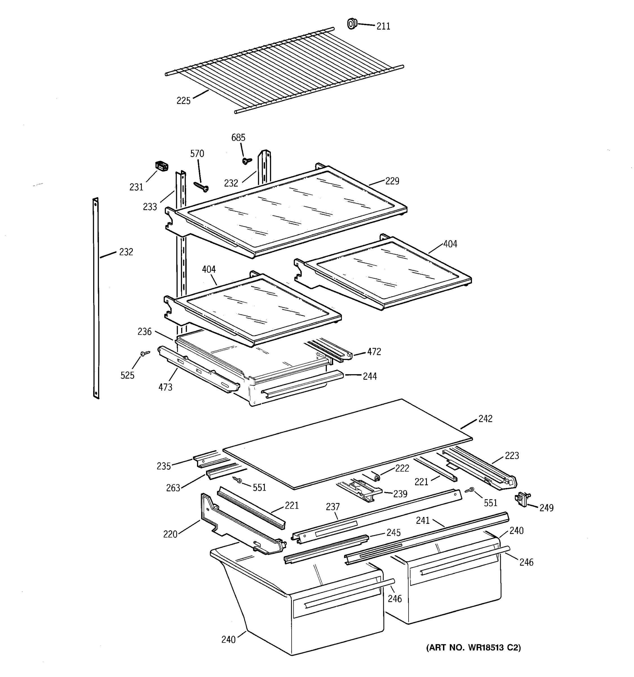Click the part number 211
[x=383, y=27]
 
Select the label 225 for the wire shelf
[x=183, y=101]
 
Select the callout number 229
[x=392, y=181]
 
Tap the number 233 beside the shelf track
[x=150, y=207]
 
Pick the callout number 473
[x=165, y=387]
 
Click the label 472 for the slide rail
[x=374, y=352]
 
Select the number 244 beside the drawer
[x=370, y=376]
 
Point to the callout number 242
[x=485, y=419]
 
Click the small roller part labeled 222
[x=376, y=478]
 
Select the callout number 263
[x=173, y=488]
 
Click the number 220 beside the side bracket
[x=170, y=534]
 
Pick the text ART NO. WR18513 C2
[x=473, y=647]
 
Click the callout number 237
[x=333, y=507]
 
